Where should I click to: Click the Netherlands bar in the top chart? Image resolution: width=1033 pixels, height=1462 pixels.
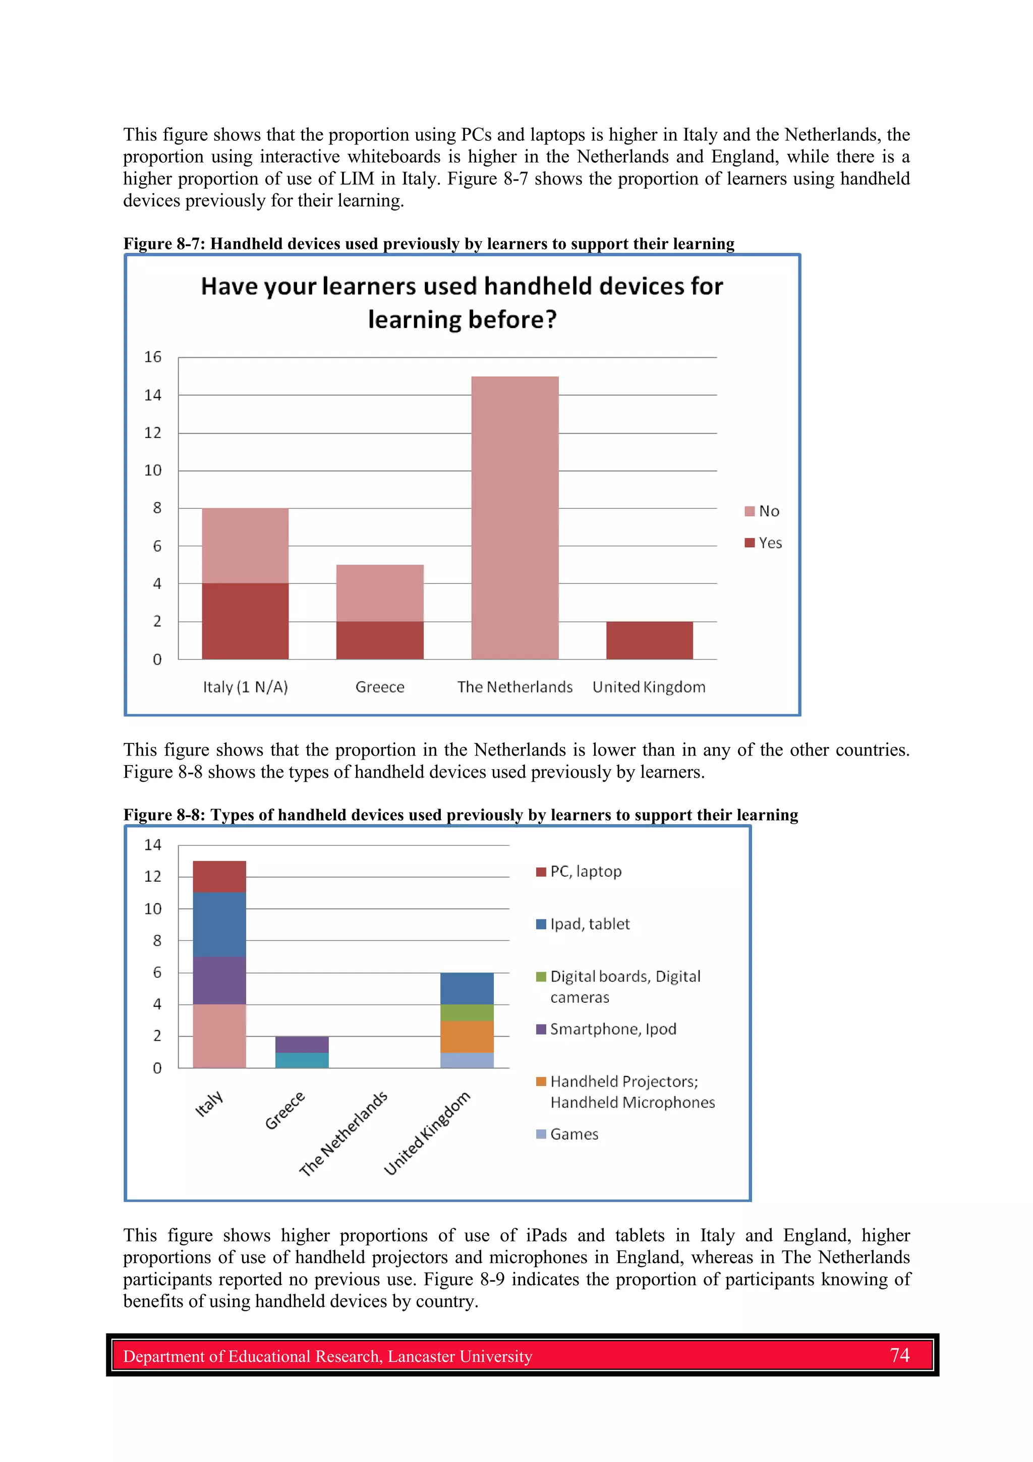pyautogui.click(x=514, y=517)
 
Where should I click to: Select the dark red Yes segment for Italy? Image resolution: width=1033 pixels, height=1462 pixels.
pyautogui.click(x=245, y=621)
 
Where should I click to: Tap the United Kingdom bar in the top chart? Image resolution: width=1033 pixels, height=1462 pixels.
pyautogui.click(x=649, y=640)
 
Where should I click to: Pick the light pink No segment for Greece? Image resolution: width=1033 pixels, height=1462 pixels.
pyautogui.click(x=379, y=593)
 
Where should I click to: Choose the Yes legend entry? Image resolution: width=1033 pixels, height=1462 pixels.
pyautogui.click(x=763, y=543)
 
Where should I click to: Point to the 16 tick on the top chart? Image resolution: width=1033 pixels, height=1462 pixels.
pyautogui.click(x=153, y=357)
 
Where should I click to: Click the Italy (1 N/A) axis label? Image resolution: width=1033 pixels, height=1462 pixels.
pyautogui.click(x=245, y=687)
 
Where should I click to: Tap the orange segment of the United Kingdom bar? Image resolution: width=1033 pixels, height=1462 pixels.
pyautogui.click(x=467, y=1037)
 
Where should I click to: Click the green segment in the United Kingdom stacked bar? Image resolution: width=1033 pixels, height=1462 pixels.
pyautogui.click(x=467, y=1012)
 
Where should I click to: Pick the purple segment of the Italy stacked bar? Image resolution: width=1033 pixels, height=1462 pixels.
pyautogui.click(x=219, y=980)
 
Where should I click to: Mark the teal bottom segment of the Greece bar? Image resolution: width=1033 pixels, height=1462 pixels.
pyautogui.click(x=302, y=1060)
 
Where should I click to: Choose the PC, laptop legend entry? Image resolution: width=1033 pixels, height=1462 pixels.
pyautogui.click(x=579, y=872)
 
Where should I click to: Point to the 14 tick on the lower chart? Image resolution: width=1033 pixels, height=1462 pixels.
pyautogui.click(x=153, y=845)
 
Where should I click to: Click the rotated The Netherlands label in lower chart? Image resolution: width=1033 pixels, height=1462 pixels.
pyautogui.click(x=343, y=1133)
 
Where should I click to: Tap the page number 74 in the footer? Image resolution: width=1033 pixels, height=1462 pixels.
pyautogui.click(x=899, y=1355)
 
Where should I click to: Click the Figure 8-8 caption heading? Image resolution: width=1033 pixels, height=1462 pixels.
pyautogui.click(x=460, y=815)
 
